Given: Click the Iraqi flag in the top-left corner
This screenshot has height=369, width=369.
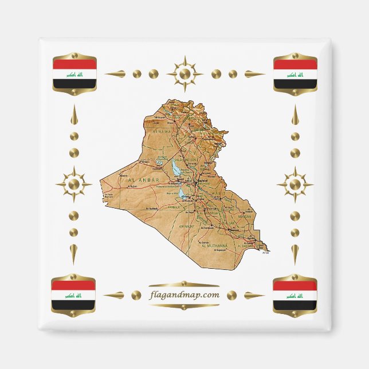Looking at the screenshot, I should point(74,74).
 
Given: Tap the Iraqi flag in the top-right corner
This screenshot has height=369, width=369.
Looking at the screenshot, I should point(295,74).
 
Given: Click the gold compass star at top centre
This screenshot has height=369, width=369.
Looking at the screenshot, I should point(185,74).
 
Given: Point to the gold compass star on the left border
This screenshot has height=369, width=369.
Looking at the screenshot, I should point(74,185).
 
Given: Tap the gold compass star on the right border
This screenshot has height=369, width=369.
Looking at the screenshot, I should point(295,185).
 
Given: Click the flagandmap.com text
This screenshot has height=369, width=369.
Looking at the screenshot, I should point(183,295).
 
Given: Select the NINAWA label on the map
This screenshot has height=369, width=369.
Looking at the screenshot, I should point(162,131).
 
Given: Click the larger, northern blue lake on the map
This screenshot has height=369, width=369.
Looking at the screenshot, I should point(175,167).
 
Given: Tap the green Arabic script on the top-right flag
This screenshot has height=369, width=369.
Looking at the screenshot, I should point(295,74).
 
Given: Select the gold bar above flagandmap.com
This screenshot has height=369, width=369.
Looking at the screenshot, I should point(183,285).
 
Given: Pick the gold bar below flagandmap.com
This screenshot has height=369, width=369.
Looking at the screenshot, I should point(183,305).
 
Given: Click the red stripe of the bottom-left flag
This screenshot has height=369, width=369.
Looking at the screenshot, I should point(73,285).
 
